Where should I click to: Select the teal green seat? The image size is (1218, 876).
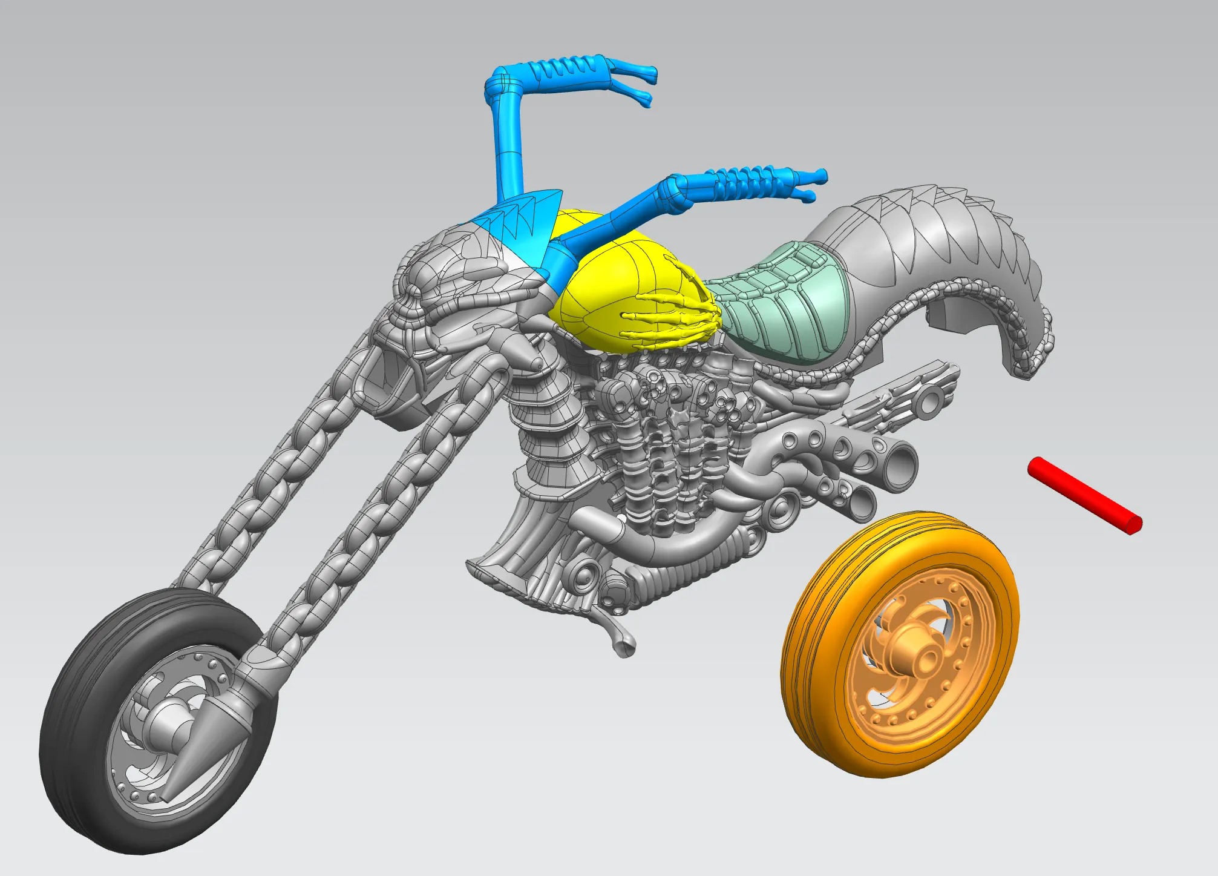coord(781,303)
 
